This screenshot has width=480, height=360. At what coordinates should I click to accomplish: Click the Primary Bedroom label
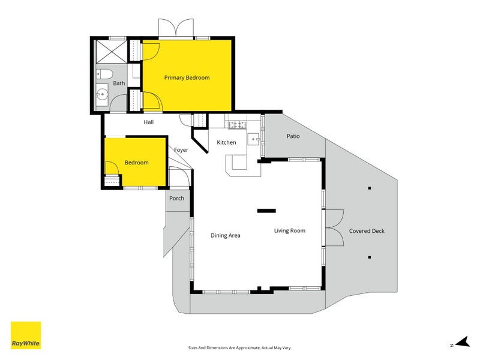pyautogui.click(x=187, y=78)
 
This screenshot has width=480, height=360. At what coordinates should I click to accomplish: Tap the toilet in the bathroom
pyautogui.click(x=104, y=74)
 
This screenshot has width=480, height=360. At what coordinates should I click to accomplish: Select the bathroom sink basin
pyautogui.click(x=101, y=94)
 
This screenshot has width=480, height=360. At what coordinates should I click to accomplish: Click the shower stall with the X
pyautogui.click(x=112, y=52)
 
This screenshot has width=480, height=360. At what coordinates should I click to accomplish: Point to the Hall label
pyautogui.click(x=148, y=122)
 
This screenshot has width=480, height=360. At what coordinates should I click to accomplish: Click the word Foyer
pyautogui.click(x=181, y=150)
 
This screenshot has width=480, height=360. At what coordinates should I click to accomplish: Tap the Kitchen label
pyautogui.click(x=226, y=142)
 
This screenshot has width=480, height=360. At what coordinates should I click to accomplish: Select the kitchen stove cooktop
pyautogui.click(x=238, y=125)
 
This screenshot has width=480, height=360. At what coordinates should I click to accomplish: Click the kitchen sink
pyautogui.click(x=253, y=139)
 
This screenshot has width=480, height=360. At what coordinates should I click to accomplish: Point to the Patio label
pyautogui.click(x=293, y=136)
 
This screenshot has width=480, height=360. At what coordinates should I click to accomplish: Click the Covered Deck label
pyautogui.click(x=367, y=231)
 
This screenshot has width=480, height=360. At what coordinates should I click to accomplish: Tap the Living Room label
pyautogui.click(x=290, y=231)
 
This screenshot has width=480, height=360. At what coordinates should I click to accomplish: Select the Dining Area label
pyautogui.click(x=226, y=235)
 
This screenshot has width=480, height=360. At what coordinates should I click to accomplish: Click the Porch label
pyautogui.click(x=176, y=199)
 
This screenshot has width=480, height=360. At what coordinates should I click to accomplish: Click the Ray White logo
pyautogui.click(x=26, y=335)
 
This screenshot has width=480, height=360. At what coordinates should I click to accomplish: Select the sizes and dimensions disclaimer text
pyautogui.click(x=239, y=348)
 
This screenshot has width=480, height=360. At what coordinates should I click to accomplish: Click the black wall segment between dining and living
pyautogui.click(x=266, y=211)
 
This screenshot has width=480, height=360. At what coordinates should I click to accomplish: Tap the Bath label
pyautogui.click(x=119, y=83)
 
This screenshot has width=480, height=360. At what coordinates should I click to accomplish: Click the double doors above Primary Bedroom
pyautogui.click(x=176, y=28)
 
